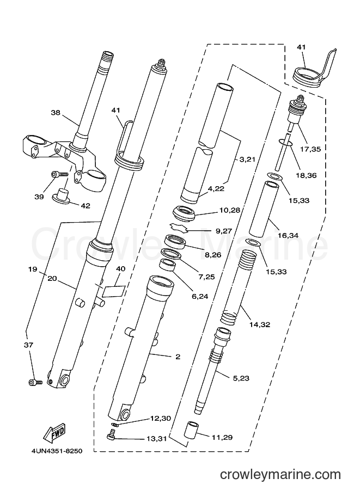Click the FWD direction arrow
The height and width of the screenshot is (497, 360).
(x=54, y=433)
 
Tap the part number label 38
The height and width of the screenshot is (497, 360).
(x=56, y=113)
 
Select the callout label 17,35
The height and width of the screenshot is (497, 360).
(x=310, y=149)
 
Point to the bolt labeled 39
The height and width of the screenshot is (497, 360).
(x=59, y=174)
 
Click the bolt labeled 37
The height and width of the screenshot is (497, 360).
(x=35, y=383)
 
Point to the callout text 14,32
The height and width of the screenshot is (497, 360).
(x=259, y=324)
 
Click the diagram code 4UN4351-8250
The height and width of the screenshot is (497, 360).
(x=57, y=451)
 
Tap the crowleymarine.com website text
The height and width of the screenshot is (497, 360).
(x=280, y=475)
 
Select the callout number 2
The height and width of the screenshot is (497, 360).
(x=178, y=357)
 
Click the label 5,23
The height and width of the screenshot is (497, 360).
(x=241, y=378)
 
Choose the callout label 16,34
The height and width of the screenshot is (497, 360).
(x=288, y=235)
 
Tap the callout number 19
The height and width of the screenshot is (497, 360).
(x=33, y=269)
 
